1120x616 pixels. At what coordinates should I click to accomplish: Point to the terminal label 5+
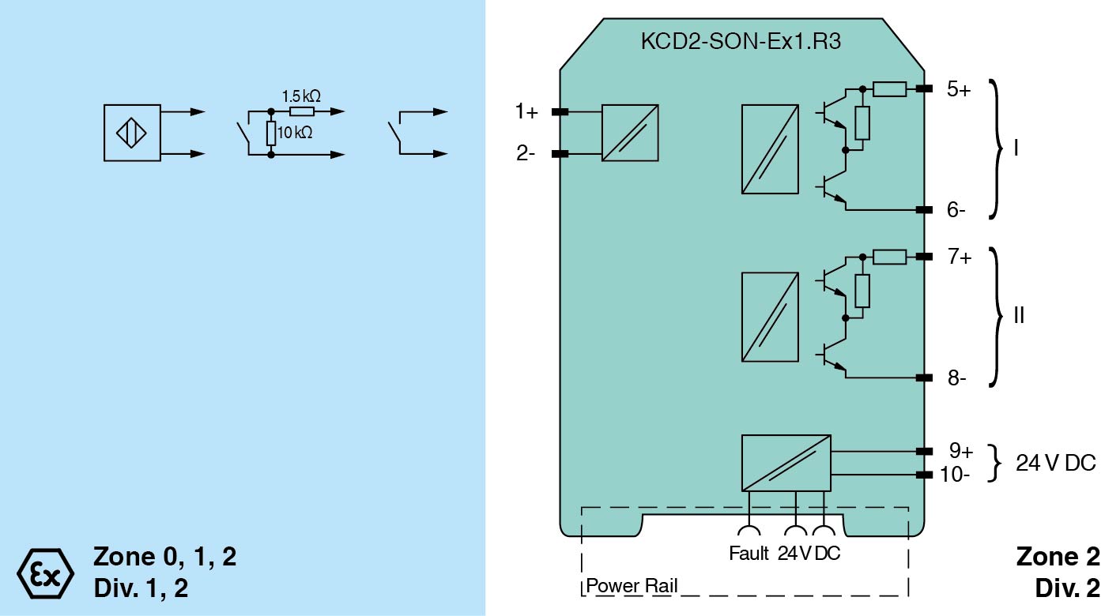pyautogui.click(x=959, y=89)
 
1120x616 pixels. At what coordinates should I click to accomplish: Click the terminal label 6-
pyautogui.click(x=956, y=210)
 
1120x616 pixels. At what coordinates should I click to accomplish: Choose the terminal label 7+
pyautogui.click(x=959, y=257)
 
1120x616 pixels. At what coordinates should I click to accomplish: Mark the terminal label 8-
pyautogui.click(x=956, y=378)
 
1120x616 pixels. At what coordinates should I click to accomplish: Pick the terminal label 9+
pyautogui.click(x=961, y=451)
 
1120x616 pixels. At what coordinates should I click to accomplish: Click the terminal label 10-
pyautogui.click(x=956, y=475)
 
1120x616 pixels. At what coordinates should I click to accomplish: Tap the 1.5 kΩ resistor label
pyautogui.click(x=301, y=96)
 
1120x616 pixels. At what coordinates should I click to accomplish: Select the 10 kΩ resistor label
pyautogui.click(x=295, y=133)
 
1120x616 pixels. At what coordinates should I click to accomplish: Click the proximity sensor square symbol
pyautogui.click(x=132, y=133)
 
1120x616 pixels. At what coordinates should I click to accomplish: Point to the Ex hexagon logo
pyautogui.click(x=45, y=570)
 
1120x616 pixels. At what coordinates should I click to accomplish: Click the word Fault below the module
pyautogui.click(x=749, y=554)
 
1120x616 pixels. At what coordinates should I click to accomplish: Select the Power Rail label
pyautogui.click(x=632, y=587)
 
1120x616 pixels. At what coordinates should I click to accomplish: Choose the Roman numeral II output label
pyautogui.click(x=1019, y=316)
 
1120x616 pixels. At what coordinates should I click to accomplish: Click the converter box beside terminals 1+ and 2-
pyautogui.click(x=630, y=133)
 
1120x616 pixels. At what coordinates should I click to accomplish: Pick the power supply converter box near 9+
pyautogui.click(x=786, y=463)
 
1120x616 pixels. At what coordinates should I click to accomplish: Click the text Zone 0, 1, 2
pyautogui.click(x=164, y=557)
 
